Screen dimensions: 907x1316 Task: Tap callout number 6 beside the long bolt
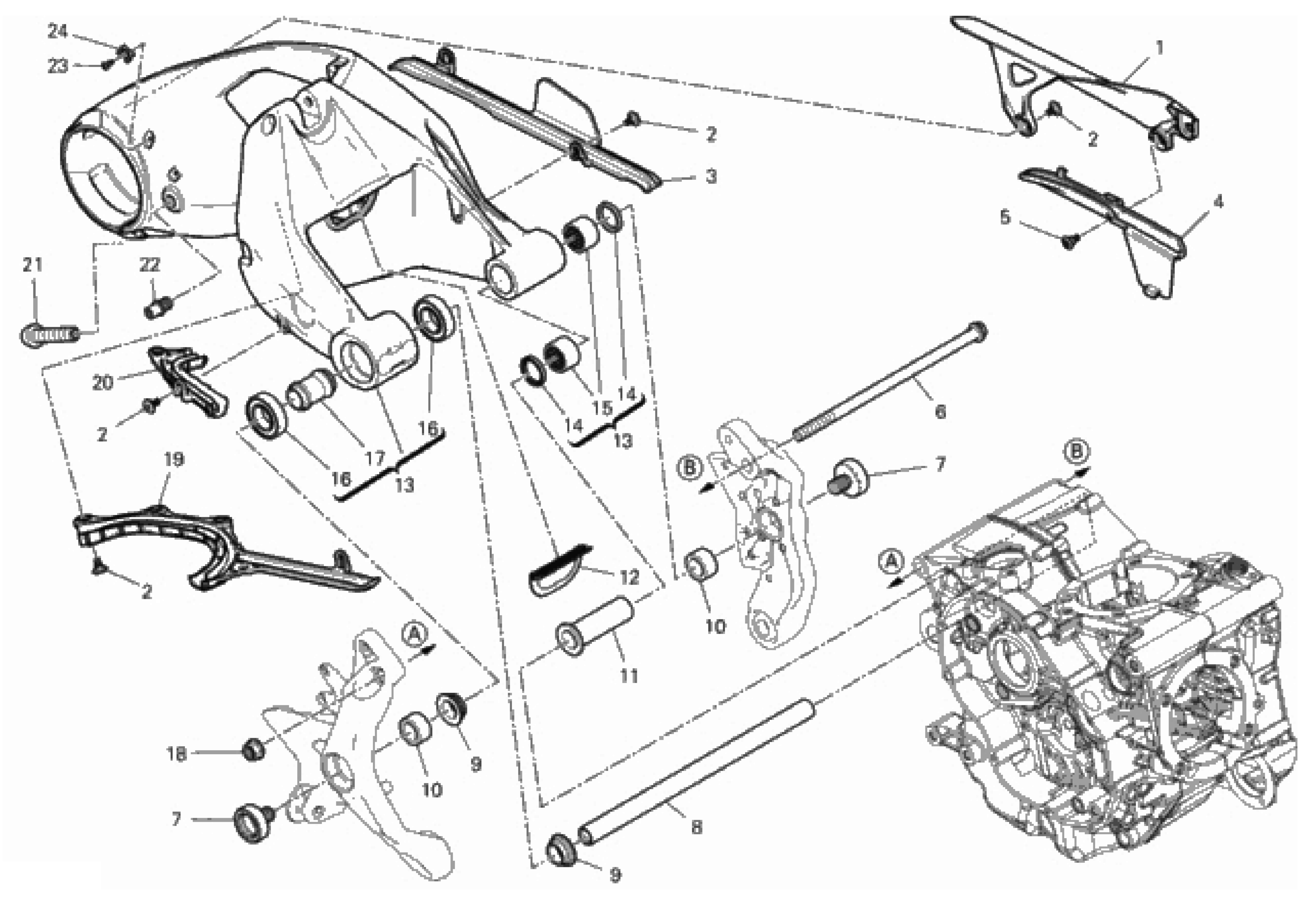[940, 411]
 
